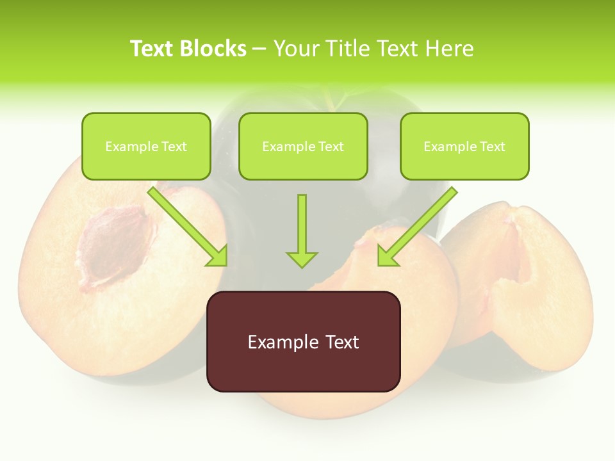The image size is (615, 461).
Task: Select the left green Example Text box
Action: pyautogui.click(x=146, y=147)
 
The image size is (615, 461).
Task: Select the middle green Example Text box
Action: pyautogui.click(x=303, y=147)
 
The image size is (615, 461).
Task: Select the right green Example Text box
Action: pyautogui.click(x=464, y=147)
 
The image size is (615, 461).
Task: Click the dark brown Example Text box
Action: pyautogui.click(x=303, y=341)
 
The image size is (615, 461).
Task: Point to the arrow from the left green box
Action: pyautogui.click(x=186, y=224)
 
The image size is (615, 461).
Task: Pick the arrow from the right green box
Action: pyautogui.click(x=420, y=224)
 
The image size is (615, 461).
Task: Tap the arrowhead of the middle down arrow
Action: pyautogui.click(x=302, y=259)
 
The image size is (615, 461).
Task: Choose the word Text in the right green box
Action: pyautogui.click(x=492, y=147)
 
